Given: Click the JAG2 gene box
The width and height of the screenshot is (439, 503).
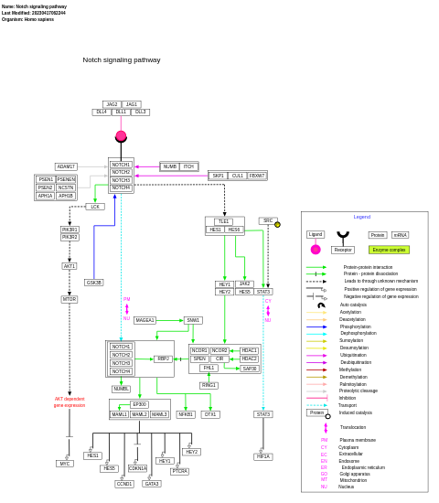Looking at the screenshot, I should point(112,104).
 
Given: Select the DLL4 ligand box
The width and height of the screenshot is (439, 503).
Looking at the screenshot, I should point(102,112).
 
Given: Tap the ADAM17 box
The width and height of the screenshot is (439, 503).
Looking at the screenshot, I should point(66,166).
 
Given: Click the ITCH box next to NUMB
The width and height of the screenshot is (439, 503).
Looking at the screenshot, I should point(188,166).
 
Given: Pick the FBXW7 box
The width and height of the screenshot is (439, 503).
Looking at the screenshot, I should point(257,176).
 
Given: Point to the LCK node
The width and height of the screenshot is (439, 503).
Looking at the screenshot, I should point(95,207).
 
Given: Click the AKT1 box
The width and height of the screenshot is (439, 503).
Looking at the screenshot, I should point(70,266).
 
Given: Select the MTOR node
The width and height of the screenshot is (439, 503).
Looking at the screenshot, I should point(70,299).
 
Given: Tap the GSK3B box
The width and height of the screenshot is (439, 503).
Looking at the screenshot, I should point(94,283).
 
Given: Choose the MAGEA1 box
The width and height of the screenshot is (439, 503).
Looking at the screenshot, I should point(145,320).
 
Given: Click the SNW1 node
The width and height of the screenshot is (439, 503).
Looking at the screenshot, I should point(193,320).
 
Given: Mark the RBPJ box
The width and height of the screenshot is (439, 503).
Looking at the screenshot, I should point(163,359).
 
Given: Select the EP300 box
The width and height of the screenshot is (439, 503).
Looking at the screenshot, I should point(139,404).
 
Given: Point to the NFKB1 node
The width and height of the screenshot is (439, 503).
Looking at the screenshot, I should point(186,414).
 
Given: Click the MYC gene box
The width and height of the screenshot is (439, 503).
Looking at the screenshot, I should point(65,464).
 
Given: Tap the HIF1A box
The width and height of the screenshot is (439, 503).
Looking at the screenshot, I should point(263,456).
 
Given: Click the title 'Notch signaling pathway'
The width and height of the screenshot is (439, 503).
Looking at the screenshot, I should point(122,60).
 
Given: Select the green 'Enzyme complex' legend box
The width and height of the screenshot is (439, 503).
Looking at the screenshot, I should point(389,250).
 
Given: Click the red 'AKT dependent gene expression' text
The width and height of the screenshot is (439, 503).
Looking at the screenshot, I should point(70,401).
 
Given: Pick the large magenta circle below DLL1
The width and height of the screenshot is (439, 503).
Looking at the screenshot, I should point(121,136).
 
